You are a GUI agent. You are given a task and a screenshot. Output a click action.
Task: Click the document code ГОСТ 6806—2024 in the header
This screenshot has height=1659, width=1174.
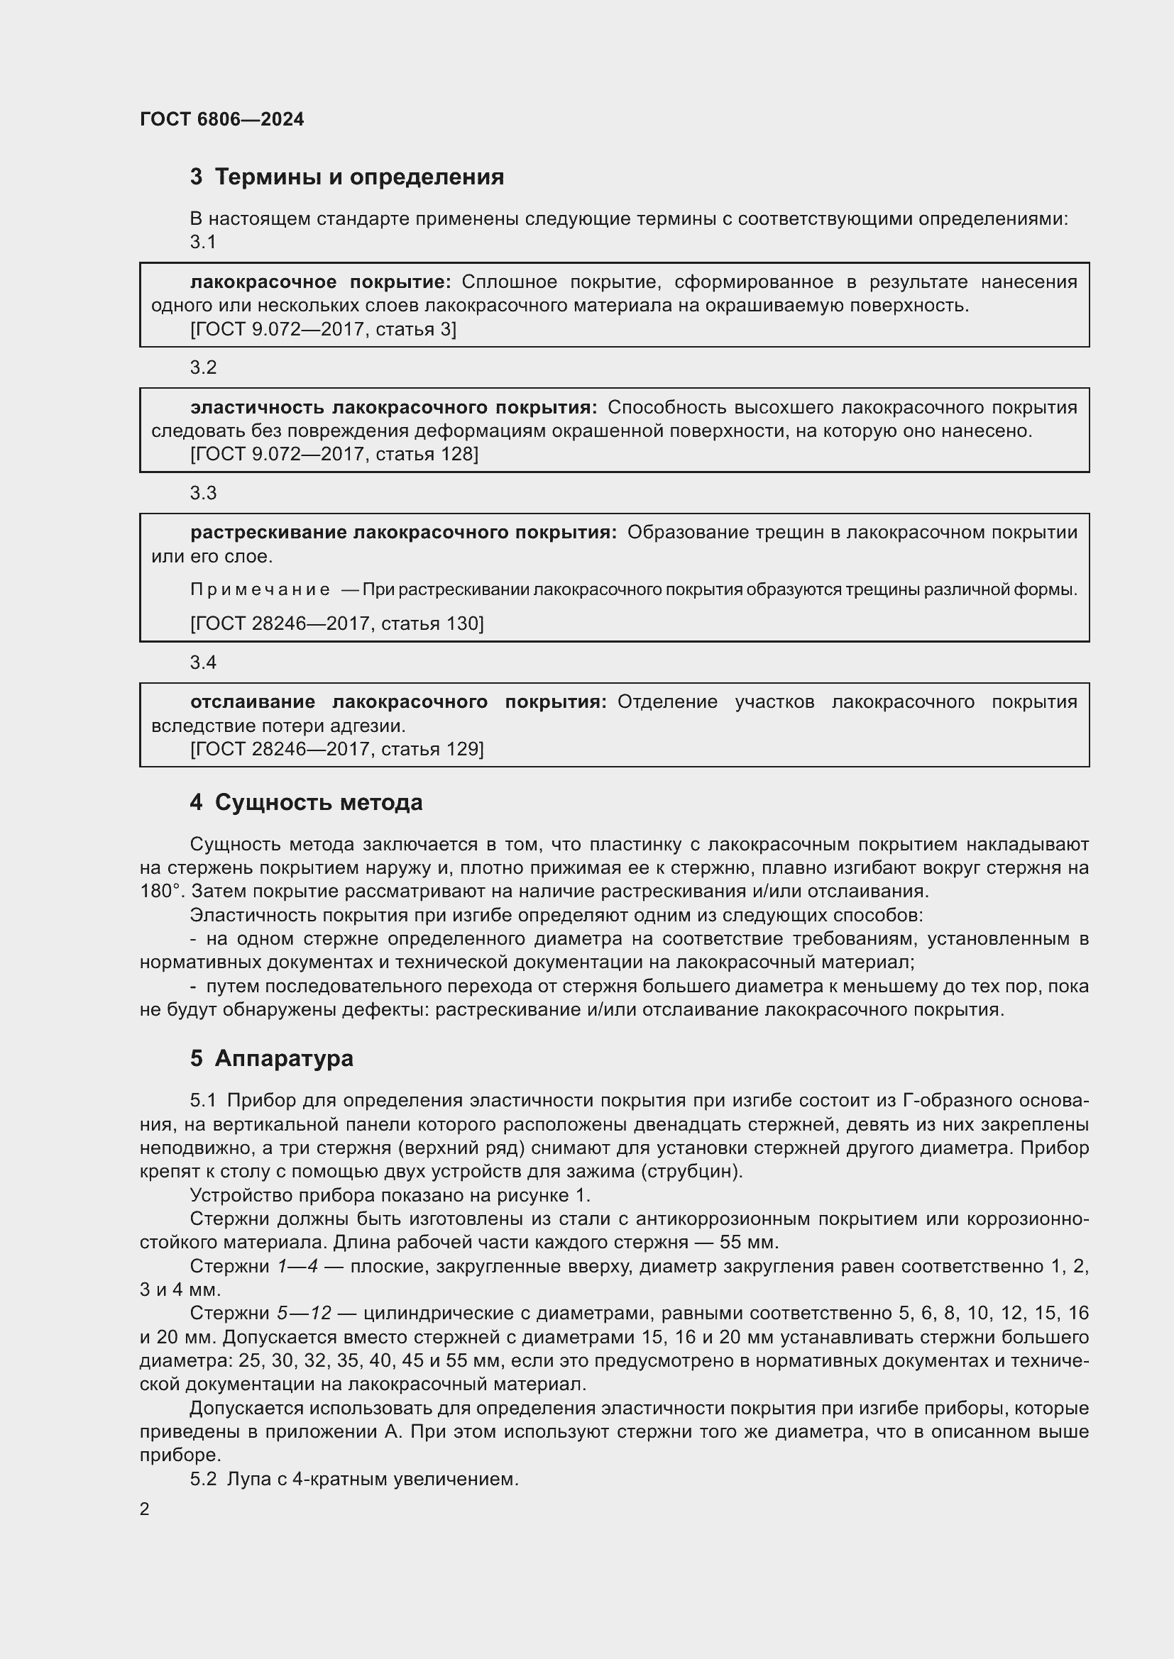tap(221, 119)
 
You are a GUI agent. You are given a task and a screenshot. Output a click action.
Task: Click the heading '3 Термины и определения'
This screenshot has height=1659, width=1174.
tap(347, 177)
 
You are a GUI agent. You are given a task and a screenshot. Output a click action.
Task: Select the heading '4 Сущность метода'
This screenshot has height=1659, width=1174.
tap(307, 802)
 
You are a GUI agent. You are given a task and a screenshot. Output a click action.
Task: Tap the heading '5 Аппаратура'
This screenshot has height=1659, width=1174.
tap(272, 1058)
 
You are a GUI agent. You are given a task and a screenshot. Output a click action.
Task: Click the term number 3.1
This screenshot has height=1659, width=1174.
tap(203, 242)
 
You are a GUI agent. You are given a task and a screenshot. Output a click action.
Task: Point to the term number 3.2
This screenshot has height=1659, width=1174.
tap(203, 367)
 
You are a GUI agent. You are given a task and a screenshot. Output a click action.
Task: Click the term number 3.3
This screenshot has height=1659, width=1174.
tap(203, 493)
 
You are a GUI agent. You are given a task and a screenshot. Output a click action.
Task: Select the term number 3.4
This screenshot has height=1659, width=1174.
tap(203, 662)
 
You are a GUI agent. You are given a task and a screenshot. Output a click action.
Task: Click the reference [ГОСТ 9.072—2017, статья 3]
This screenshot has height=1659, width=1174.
tap(323, 330)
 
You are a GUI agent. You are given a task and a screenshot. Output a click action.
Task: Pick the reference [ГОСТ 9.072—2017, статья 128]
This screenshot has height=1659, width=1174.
tap(334, 454)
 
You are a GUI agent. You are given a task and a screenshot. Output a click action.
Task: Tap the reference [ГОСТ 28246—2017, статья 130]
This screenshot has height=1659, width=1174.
tap(337, 623)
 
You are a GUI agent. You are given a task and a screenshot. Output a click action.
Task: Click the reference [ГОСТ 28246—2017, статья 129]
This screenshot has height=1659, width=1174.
tap(337, 748)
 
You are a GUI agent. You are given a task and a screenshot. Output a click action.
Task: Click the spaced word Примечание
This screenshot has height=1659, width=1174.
tap(260, 589)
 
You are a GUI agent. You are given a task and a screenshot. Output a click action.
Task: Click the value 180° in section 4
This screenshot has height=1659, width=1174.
tap(159, 891)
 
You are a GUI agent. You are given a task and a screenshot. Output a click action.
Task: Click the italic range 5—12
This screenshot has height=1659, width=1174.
tap(304, 1313)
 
